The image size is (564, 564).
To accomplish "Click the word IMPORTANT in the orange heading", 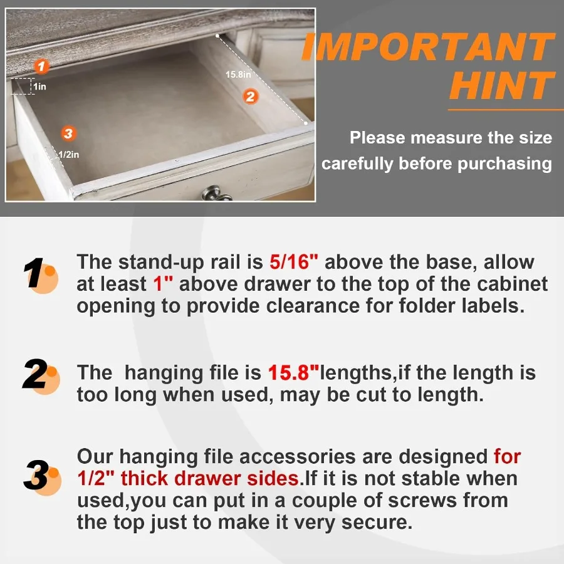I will [x=428, y=47].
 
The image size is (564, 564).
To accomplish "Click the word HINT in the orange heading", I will [x=501, y=86].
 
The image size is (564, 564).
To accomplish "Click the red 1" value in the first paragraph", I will [x=162, y=284].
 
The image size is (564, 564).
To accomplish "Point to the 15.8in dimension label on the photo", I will [x=238, y=75].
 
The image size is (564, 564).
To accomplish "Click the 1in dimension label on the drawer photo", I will [x=39, y=86].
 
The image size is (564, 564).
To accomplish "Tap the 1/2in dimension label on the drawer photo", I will [x=69, y=154].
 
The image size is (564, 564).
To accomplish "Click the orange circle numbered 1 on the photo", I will [x=41, y=66].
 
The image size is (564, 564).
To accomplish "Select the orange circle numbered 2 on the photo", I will [x=250, y=97].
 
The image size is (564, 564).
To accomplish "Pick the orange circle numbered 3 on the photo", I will [x=68, y=133].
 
